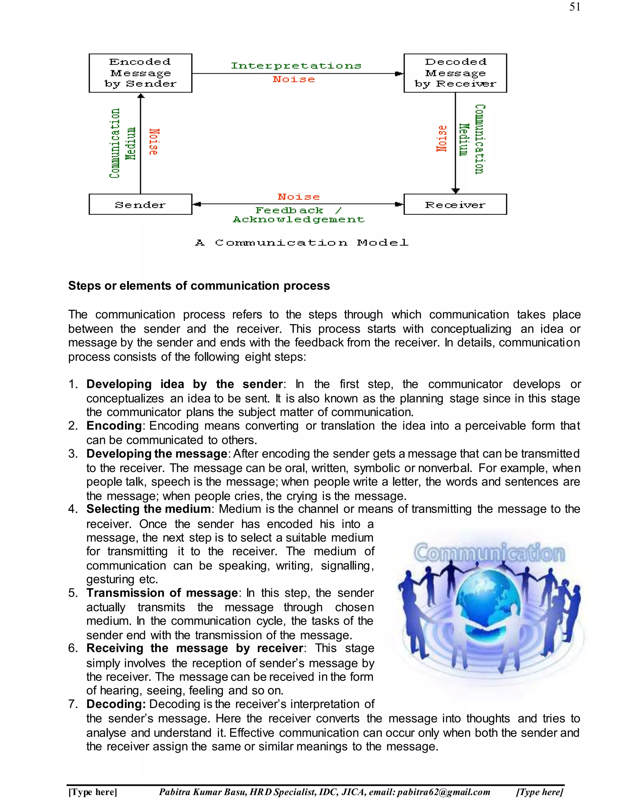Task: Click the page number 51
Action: (575, 7)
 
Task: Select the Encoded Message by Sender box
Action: (140, 73)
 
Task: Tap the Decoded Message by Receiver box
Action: (455, 73)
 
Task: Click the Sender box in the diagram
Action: (140, 204)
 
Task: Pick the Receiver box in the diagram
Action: (455, 204)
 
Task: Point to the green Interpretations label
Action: (296, 66)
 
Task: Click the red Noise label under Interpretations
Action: (294, 79)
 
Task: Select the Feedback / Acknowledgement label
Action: (299, 215)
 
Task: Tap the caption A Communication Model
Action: (302, 243)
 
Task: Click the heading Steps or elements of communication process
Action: (199, 286)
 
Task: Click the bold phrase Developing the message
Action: (157, 454)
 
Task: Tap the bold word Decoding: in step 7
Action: (116, 704)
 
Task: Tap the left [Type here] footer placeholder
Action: (92, 792)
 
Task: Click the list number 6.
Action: (73, 648)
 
